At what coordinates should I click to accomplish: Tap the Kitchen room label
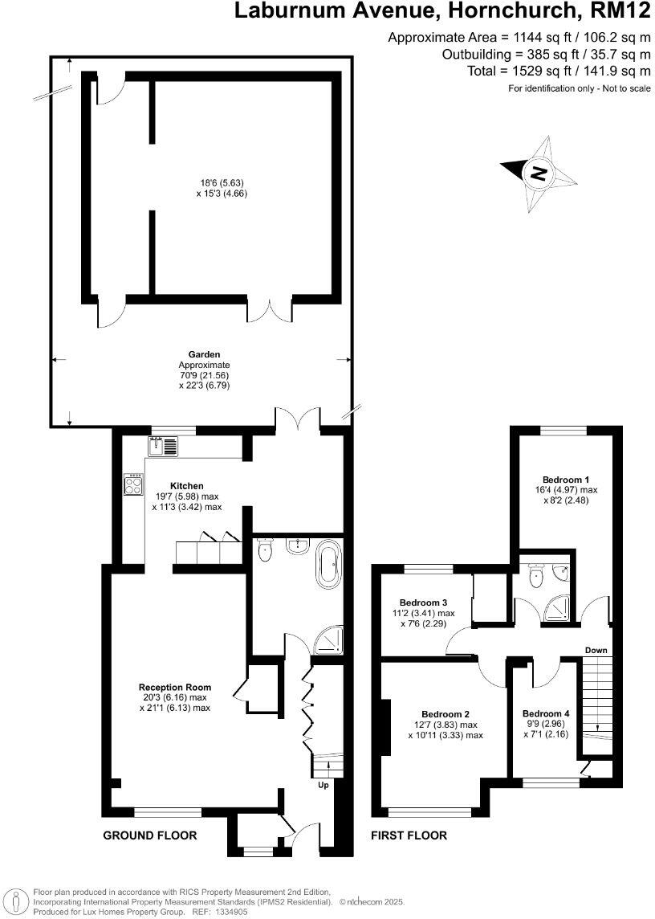click(x=186, y=486)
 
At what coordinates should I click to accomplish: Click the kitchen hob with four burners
click(x=132, y=484)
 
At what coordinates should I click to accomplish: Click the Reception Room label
click(x=175, y=687)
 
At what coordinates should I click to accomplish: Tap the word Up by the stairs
click(x=323, y=785)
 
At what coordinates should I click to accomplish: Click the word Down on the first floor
click(x=596, y=650)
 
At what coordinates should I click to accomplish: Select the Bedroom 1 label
click(x=563, y=479)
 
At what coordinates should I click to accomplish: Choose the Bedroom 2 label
click(x=445, y=714)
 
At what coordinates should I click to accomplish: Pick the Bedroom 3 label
click(x=423, y=602)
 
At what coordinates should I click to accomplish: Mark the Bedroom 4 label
click(x=546, y=714)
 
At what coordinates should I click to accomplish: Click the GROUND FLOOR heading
click(x=150, y=835)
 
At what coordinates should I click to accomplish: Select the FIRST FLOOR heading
click(x=409, y=835)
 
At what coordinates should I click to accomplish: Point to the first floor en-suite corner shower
click(x=559, y=611)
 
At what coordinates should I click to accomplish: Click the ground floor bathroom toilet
click(x=266, y=551)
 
